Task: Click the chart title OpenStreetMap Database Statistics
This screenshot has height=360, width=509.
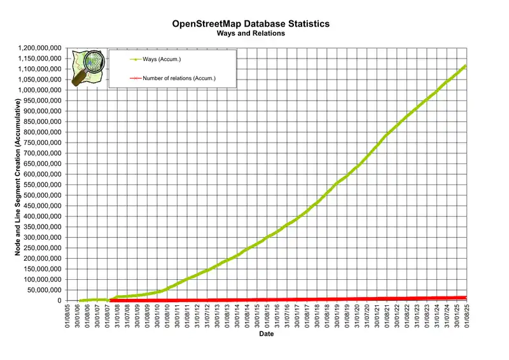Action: (x=251, y=24)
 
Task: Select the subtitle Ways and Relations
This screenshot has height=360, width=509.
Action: (x=251, y=33)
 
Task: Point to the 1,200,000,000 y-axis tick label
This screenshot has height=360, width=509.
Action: (x=40, y=48)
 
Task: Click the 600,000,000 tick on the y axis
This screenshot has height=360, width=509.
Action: (x=42, y=174)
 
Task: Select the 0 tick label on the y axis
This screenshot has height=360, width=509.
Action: (x=58, y=300)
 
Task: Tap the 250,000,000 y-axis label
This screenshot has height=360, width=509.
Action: (x=42, y=248)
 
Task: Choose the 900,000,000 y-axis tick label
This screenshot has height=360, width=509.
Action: (x=42, y=111)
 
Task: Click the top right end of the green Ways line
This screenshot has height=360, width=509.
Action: (x=466, y=66)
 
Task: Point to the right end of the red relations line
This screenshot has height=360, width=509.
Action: (x=466, y=297)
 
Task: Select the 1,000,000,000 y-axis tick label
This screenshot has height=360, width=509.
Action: (x=40, y=90)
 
